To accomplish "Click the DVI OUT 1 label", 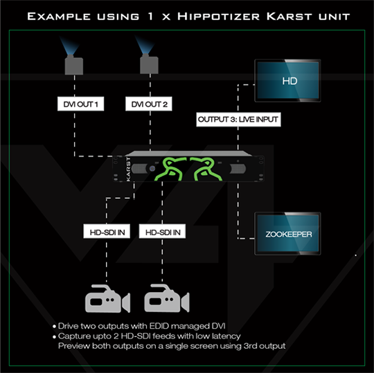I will click(79, 105).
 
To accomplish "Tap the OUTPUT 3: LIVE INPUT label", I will click(238, 119).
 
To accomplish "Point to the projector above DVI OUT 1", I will click(75, 64).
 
